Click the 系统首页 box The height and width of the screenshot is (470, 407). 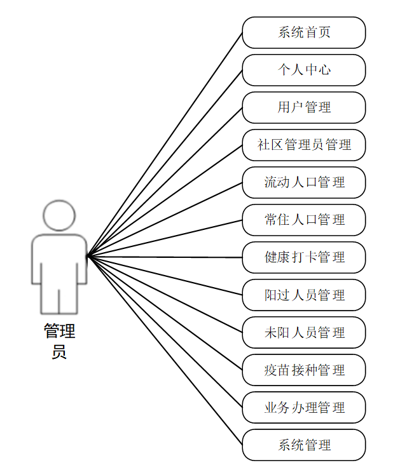[304, 32]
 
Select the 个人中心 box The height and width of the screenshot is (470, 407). [304, 70]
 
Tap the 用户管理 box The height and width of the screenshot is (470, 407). [304, 107]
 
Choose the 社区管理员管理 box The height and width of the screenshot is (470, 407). [304, 145]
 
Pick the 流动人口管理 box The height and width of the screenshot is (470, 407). [304, 182]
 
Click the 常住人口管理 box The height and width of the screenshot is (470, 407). [304, 220]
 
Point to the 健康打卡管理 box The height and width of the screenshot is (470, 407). [304, 257]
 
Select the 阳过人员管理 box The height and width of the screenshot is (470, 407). [304, 295]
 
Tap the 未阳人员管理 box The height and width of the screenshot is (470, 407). [304, 332]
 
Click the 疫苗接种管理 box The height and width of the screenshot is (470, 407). [304, 370]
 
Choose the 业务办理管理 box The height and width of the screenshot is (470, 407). [304, 407]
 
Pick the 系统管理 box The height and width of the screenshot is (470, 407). [304, 445]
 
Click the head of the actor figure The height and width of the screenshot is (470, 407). [59, 215]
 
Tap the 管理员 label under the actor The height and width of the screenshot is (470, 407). [59, 341]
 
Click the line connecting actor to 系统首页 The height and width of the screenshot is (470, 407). [164, 144]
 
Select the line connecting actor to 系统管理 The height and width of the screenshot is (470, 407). [164, 350]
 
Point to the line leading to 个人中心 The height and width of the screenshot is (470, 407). [164, 163]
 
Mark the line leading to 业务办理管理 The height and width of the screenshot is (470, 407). [164, 331]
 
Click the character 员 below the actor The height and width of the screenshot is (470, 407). [59, 352]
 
